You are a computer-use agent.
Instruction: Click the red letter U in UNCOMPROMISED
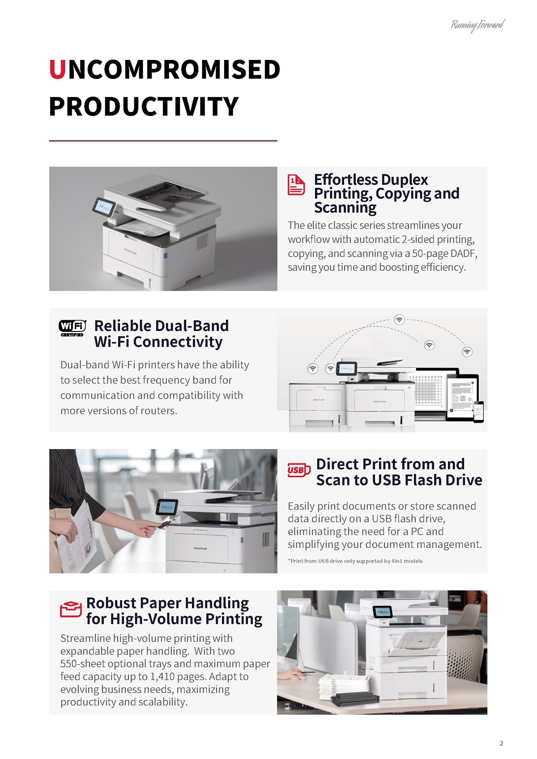coord(58,69)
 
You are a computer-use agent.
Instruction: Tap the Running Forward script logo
coord(477,25)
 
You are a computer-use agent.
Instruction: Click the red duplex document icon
coord(296,185)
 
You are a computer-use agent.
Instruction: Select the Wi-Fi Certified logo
coord(72,328)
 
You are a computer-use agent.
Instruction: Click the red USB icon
coord(298,470)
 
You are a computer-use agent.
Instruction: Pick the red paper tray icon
coord(71,609)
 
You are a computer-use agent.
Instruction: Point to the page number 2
coord(501,743)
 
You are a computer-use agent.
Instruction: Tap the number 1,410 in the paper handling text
coord(164,677)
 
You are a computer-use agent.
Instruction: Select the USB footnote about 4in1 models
coord(355,561)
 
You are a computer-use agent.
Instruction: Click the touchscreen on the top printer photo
coord(104,206)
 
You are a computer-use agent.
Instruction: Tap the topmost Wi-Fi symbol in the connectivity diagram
coord(399,319)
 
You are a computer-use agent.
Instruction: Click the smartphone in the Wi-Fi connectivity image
coord(479,411)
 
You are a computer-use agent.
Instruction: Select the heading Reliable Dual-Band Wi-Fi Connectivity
coord(162,333)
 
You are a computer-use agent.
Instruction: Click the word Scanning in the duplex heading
coord(345,208)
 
